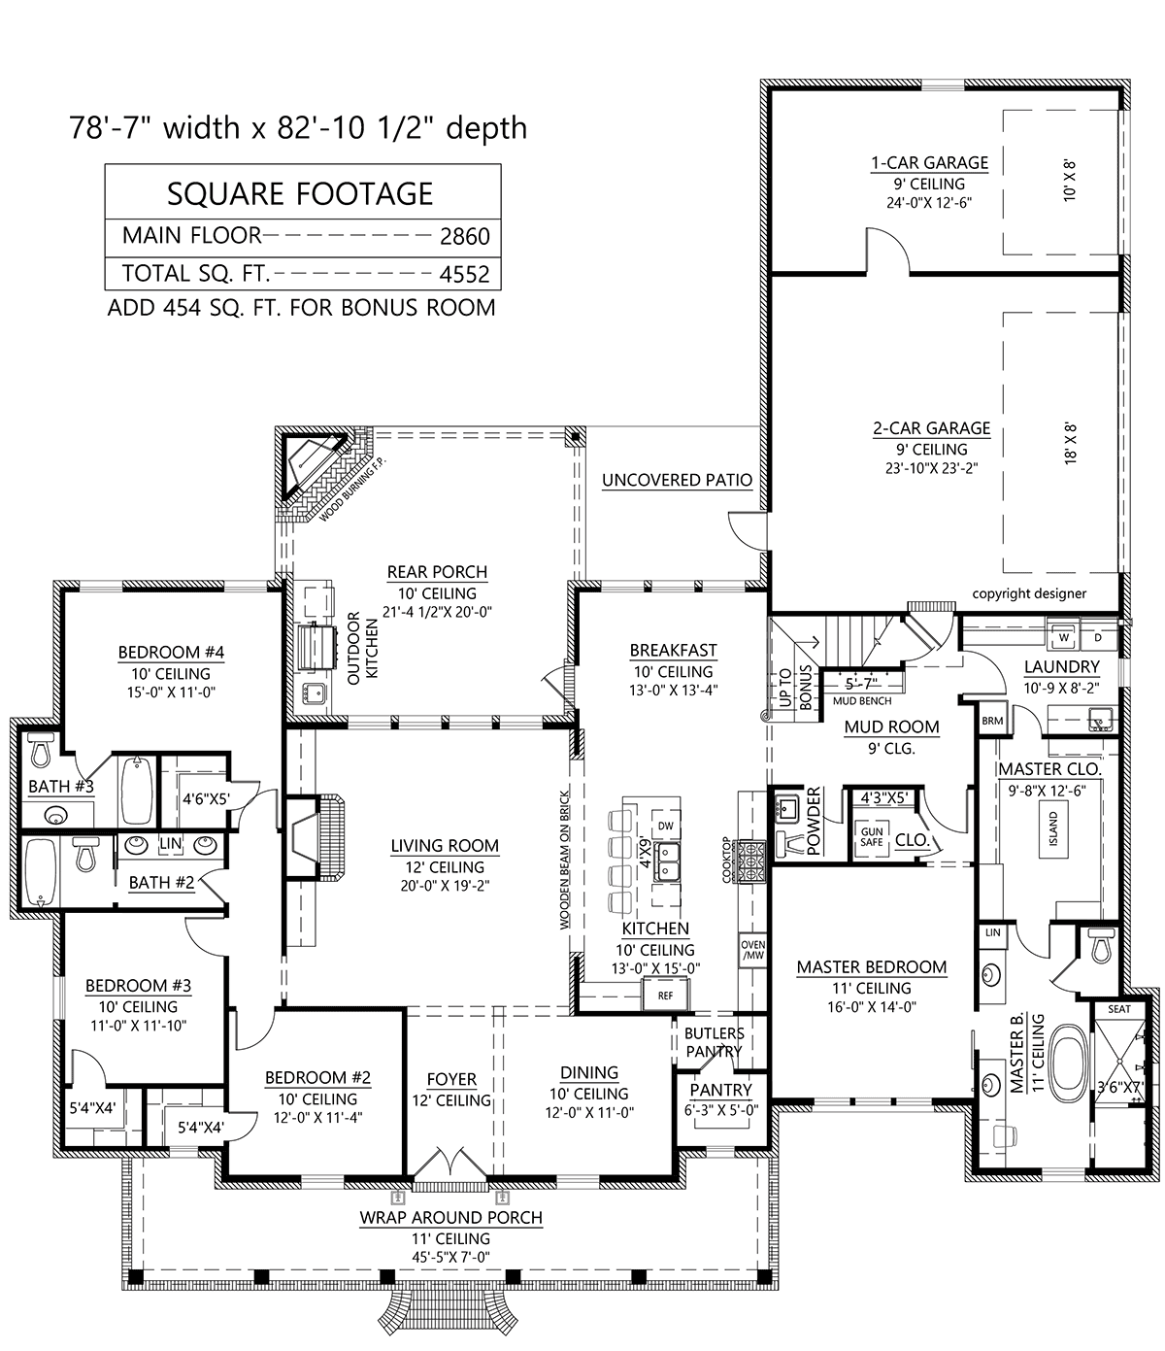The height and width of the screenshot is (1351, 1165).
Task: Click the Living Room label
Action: (x=445, y=846)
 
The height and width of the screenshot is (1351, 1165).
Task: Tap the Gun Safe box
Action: (x=872, y=837)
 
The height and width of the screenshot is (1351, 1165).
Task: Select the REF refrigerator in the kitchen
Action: (x=665, y=996)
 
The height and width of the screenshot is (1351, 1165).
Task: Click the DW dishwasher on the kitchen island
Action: (x=665, y=827)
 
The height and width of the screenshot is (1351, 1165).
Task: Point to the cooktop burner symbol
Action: (x=747, y=861)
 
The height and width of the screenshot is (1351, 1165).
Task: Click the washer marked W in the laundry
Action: (x=1064, y=637)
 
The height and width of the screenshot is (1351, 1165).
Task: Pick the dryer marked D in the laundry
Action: (x=1098, y=637)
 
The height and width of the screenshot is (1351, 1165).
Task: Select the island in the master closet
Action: (x=1053, y=828)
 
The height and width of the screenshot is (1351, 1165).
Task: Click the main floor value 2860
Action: (x=465, y=236)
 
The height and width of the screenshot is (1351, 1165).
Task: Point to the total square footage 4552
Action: (x=465, y=274)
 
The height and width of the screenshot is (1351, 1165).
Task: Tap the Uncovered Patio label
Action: (x=677, y=480)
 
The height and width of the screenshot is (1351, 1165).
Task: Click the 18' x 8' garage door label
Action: (x=1070, y=443)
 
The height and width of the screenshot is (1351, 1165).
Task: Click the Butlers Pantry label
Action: (x=715, y=1042)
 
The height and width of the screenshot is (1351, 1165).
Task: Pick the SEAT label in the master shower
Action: (x=1119, y=1008)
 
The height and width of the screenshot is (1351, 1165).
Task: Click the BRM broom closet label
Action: (x=992, y=721)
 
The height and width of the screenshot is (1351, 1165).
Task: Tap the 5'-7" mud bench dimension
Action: (x=861, y=685)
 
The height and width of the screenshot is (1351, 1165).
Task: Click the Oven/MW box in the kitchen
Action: (x=752, y=950)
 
